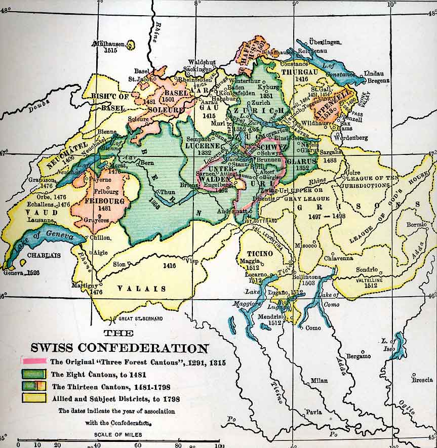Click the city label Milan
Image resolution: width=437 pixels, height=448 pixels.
319,381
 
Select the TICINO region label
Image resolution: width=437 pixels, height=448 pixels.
260,253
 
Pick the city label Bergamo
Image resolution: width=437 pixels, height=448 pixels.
359,356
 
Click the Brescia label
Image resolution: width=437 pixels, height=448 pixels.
422,380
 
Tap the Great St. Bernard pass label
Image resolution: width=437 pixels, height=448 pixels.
141,319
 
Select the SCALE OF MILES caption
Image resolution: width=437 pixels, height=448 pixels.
117,435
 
